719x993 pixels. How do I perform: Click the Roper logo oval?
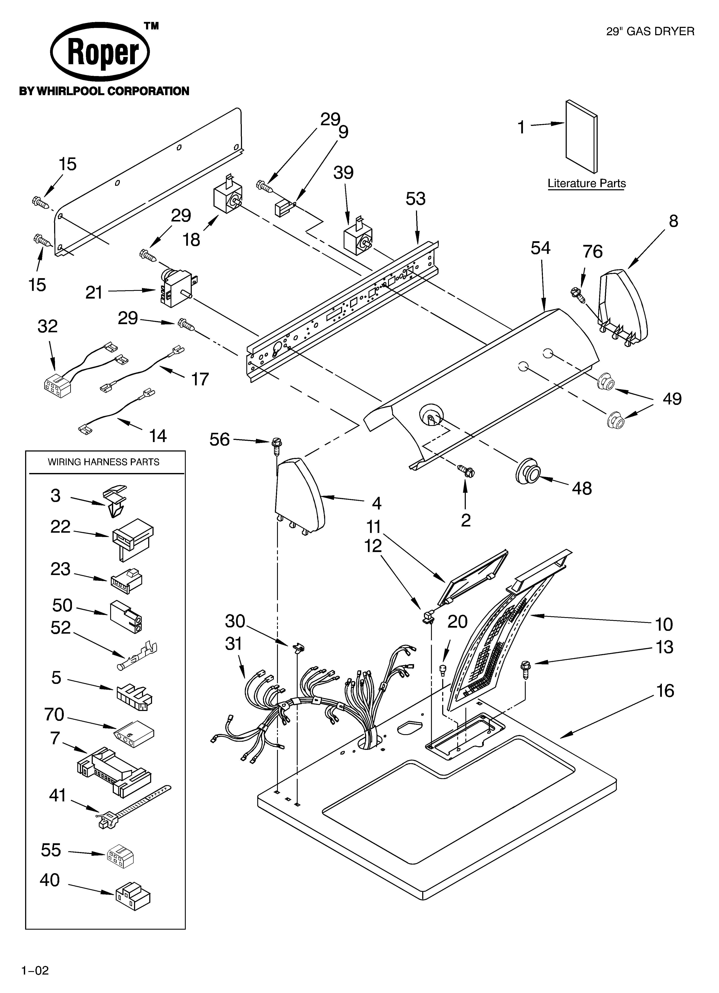coord(100,52)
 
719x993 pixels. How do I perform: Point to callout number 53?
coord(415,199)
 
